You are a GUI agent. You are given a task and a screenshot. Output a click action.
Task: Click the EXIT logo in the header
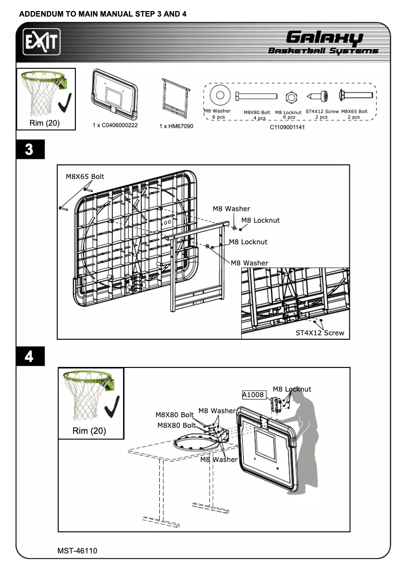click(41, 43)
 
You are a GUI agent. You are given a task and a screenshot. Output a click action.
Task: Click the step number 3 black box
click(29, 150)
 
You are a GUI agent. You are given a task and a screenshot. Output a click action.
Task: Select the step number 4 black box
click(29, 356)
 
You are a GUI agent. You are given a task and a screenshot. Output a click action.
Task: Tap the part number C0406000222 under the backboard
click(115, 125)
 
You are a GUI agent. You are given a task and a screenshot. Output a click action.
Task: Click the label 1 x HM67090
click(176, 126)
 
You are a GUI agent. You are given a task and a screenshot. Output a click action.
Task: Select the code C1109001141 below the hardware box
click(287, 128)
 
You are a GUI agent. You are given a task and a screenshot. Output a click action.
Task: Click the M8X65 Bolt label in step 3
click(85, 177)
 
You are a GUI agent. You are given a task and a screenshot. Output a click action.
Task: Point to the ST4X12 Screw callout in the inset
click(320, 333)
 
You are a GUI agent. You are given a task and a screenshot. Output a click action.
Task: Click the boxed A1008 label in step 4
click(253, 395)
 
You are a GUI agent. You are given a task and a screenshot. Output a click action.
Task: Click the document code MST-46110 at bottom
click(77, 551)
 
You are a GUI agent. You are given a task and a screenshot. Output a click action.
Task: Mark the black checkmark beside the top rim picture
click(64, 103)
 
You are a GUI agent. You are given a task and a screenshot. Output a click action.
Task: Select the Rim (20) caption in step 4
click(89, 431)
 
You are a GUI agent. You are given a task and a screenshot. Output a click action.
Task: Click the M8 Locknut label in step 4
click(291, 389)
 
